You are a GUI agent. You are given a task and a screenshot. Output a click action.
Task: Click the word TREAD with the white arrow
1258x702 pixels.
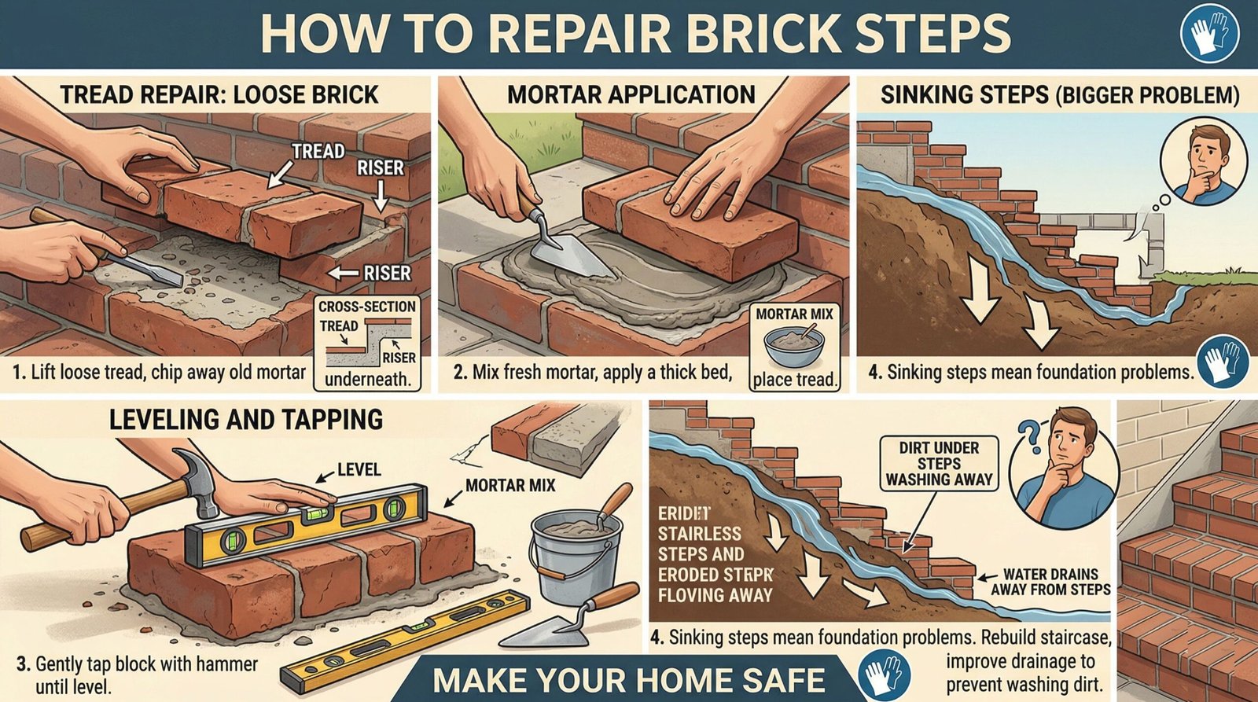[x=318, y=151]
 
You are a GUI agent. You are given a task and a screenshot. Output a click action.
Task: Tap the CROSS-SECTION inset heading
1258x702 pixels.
[x=366, y=307]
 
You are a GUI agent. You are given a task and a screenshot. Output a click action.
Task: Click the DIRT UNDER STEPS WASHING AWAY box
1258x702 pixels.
[x=939, y=463]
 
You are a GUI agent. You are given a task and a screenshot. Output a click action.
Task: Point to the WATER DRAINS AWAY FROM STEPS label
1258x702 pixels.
[x=1050, y=582]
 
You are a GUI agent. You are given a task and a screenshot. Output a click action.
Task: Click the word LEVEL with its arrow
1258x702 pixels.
[x=359, y=470]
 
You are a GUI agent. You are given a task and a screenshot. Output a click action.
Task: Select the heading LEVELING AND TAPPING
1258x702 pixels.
[x=245, y=419]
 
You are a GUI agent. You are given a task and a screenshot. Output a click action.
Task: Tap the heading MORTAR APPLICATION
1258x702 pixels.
[x=631, y=95]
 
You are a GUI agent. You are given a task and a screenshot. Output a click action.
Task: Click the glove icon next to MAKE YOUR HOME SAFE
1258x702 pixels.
[x=885, y=675]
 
